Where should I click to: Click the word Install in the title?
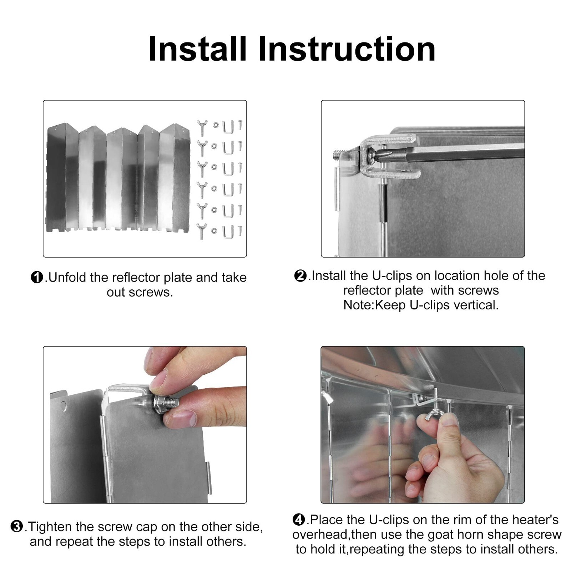click(197, 49)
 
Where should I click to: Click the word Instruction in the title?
click(346, 49)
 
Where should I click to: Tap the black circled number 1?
click(37, 277)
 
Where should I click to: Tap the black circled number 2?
click(300, 276)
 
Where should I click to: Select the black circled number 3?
click(17, 526)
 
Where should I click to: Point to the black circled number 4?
click(299, 520)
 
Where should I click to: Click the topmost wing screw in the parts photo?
click(202, 127)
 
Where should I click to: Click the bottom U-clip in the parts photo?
click(228, 232)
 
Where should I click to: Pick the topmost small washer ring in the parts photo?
click(216, 125)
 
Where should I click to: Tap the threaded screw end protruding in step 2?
click(337, 155)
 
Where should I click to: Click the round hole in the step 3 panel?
click(64, 406)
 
